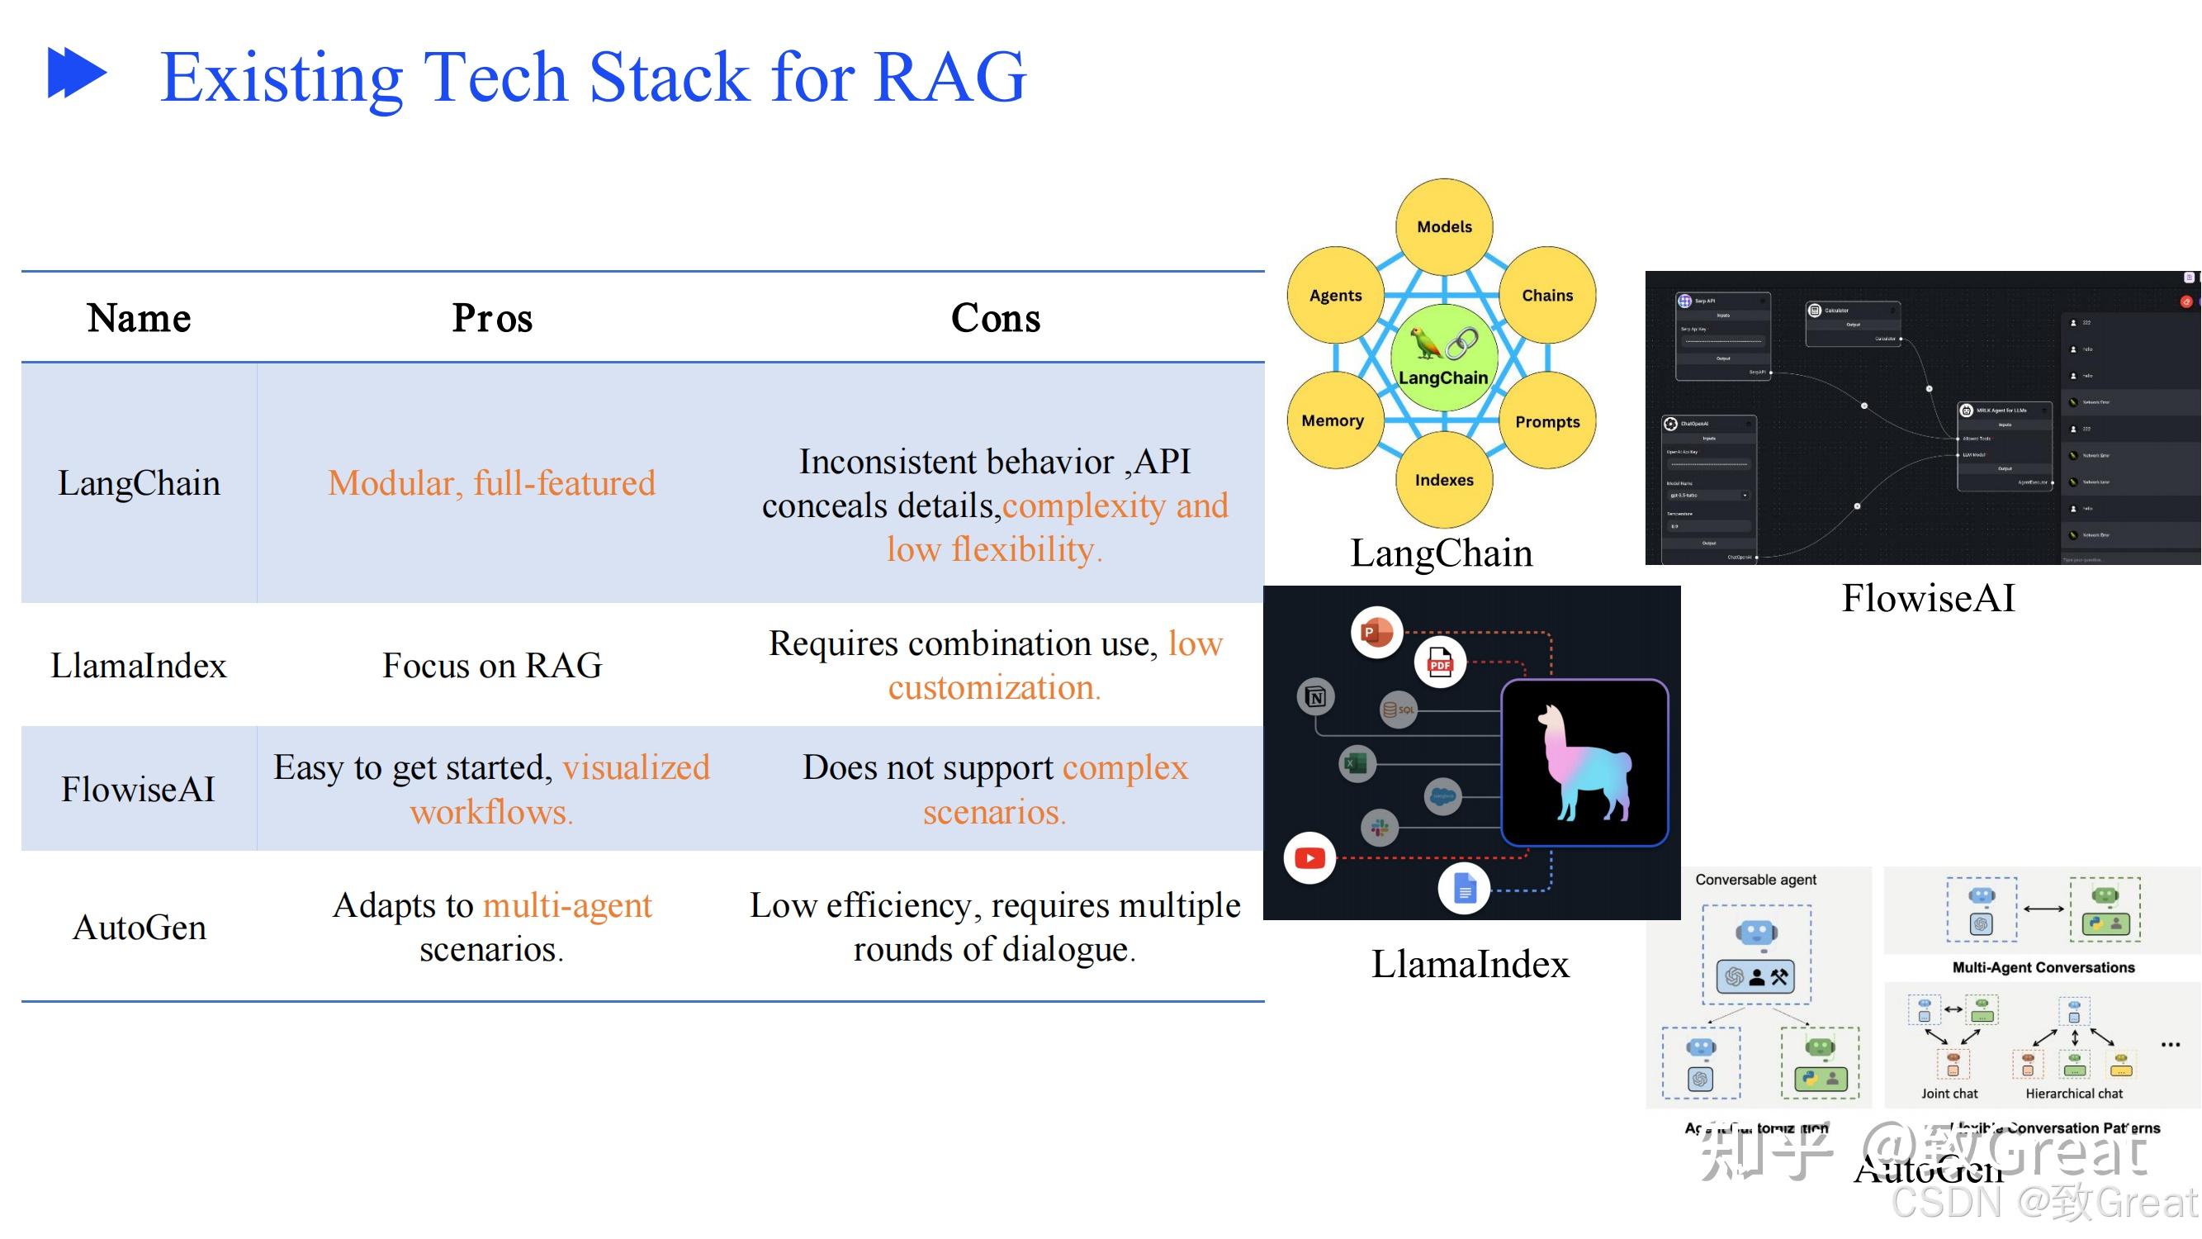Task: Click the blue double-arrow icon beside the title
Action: click(77, 74)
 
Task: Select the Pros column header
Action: click(491, 318)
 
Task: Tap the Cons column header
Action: click(995, 318)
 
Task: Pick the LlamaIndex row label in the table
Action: click(139, 665)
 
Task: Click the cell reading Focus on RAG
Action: click(491, 665)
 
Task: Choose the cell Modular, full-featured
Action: click(491, 483)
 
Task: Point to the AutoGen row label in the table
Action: click(140, 928)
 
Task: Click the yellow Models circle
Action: click(1444, 226)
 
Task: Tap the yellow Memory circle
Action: click(1333, 420)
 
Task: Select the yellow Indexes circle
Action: click(1444, 480)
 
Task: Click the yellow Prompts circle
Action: click(1547, 421)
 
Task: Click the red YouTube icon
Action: click(1309, 857)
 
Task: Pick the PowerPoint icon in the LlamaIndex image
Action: click(1376, 633)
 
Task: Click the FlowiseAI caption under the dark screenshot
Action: click(1928, 598)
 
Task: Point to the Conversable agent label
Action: click(1755, 880)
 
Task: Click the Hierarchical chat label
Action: click(2074, 1094)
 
